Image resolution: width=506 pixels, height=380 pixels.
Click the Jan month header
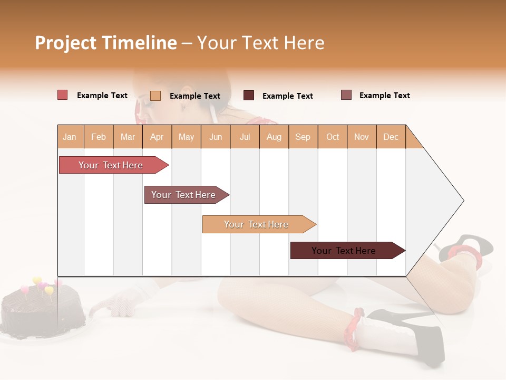coord(70,137)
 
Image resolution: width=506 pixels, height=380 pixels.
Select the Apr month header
coord(157,137)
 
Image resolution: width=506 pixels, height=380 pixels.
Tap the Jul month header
coord(245,137)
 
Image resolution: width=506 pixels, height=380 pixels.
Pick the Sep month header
coord(303,137)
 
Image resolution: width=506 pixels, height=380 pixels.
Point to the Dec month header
coord(391,137)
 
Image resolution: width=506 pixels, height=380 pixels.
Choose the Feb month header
coord(99,137)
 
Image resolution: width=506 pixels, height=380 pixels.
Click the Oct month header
coord(333,137)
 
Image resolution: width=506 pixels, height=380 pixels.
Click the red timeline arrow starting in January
coord(111,165)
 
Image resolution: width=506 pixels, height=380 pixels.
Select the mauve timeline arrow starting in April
coord(183,195)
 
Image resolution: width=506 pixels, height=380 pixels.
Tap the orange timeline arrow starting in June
coord(256,224)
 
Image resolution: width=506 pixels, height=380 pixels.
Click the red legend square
coord(63,95)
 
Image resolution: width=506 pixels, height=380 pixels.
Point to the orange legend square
coord(155,96)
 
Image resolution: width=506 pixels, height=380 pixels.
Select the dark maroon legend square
coord(249,96)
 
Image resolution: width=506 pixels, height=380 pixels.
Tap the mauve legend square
coord(346,95)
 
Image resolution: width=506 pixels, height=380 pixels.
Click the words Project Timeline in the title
coord(106,43)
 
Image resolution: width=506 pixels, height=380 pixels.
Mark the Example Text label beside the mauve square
coord(384,96)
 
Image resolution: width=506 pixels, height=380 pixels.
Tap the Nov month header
coord(362,137)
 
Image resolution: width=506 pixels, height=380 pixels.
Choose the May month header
coord(186,137)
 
